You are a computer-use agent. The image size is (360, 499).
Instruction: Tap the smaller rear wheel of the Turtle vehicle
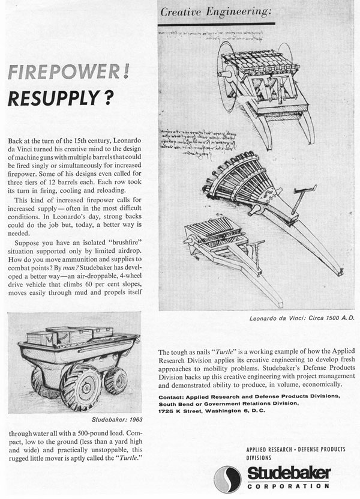click(x=115, y=380)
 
